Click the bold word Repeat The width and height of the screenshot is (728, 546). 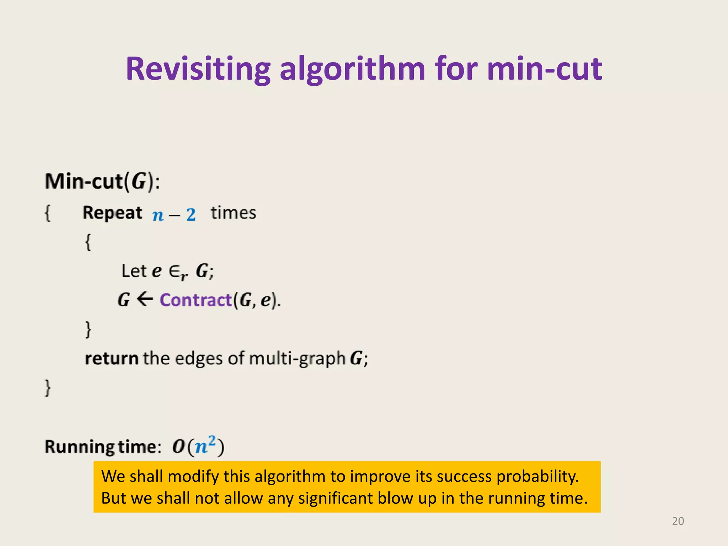click(x=112, y=213)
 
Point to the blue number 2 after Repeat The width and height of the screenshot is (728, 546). click(x=191, y=215)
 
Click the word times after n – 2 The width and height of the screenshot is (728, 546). click(x=233, y=213)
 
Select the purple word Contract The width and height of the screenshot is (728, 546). click(x=196, y=300)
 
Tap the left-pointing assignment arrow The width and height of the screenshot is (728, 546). click(x=145, y=299)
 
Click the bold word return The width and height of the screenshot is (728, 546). click(x=112, y=358)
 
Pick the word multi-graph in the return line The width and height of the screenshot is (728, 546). click(x=298, y=358)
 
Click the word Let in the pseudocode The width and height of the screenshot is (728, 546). click(x=134, y=271)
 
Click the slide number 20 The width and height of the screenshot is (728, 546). click(x=678, y=521)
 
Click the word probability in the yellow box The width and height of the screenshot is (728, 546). click(x=537, y=477)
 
